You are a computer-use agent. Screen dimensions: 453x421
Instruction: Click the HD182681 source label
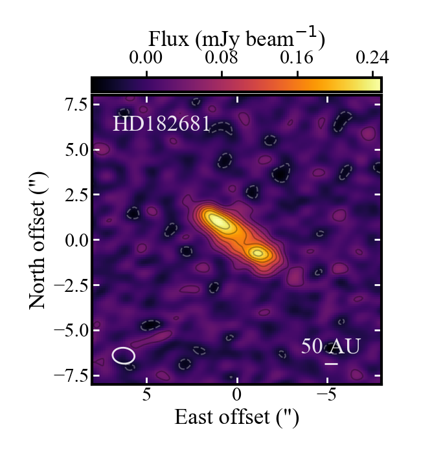coord(161,124)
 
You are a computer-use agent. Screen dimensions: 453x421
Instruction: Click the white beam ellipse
coord(124,355)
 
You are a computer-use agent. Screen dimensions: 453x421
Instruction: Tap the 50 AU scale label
coord(330,346)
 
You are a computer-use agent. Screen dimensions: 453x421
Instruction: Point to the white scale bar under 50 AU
coord(331,364)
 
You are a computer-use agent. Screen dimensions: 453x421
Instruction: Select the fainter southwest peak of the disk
coord(258,253)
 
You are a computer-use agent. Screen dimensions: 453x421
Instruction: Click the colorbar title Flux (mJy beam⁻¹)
coord(236,39)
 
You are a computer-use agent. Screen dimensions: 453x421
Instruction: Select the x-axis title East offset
coord(236,417)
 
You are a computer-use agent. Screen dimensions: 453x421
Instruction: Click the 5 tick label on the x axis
coord(147,395)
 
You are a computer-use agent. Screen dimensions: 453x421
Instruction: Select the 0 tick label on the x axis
coord(237,395)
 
